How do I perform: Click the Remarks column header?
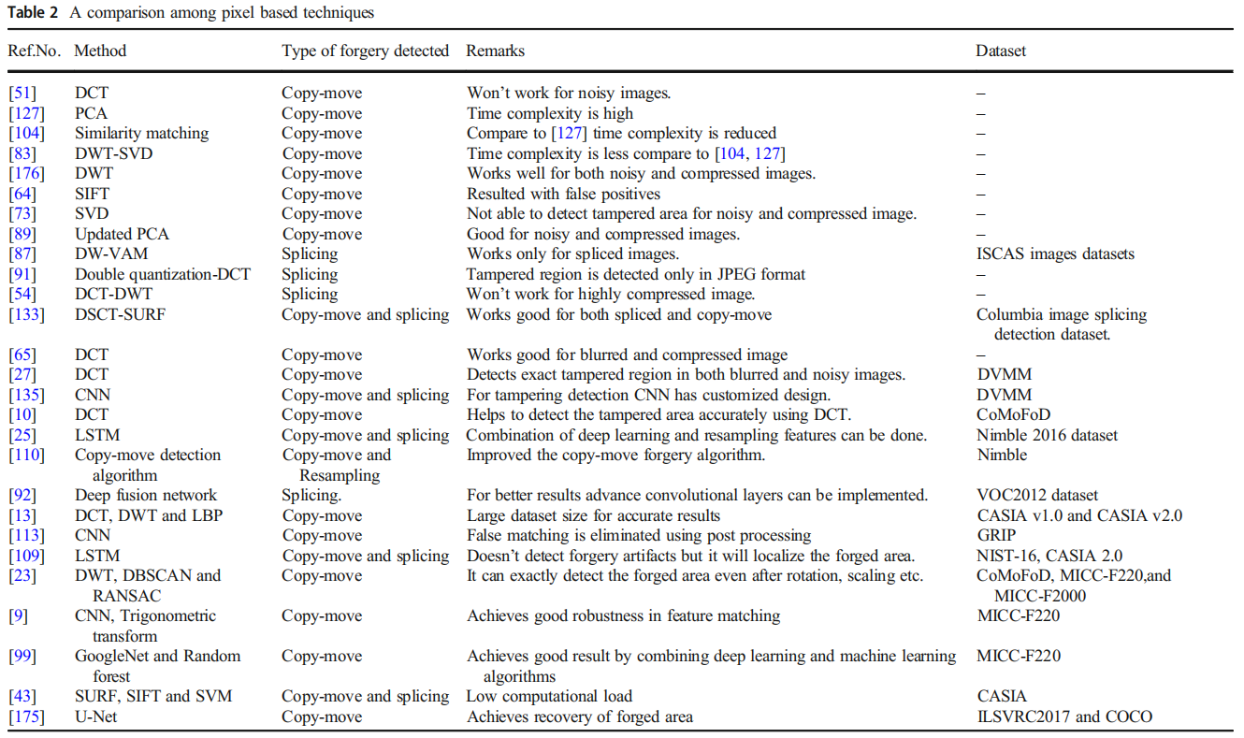(x=495, y=51)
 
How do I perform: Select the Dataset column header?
(x=1000, y=51)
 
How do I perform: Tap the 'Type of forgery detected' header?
(x=365, y=51)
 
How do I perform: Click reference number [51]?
(x=22, y=93)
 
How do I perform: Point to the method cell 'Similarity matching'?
(x=141, y=133)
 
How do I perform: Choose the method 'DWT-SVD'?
(x=113, y=153)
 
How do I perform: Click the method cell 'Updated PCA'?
(x=122, y=234)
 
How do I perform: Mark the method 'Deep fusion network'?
(x=145, y=495)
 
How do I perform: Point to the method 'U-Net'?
(x=95, y=716)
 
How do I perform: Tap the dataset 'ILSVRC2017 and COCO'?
(x=1063, y=716)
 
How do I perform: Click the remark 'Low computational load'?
(x=549, y=696)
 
